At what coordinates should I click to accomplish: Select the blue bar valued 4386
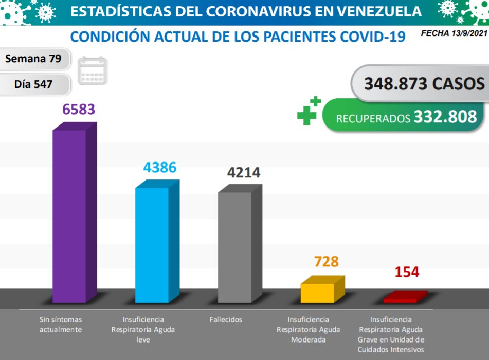tap(152, 245)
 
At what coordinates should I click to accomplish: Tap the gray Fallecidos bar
tap(235, 247)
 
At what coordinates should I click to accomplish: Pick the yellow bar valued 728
tap(318, 292)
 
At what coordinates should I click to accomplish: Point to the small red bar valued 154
tap(401, 298)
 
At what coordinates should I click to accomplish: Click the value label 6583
tap(79, 110)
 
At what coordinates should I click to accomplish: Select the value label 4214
tap(244, 173)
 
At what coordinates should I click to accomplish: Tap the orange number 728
tap(326, 262)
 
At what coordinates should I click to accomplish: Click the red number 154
tap(407, 272)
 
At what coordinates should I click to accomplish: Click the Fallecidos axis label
tap(225, 320)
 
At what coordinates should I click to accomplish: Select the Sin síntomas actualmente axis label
tap(61, 325)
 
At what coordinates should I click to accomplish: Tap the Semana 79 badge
tap(33, 59)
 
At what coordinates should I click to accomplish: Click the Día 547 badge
tap(33, 84)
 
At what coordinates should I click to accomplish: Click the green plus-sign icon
tap(309, 111)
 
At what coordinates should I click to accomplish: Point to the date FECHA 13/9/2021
tap(454, 33)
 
